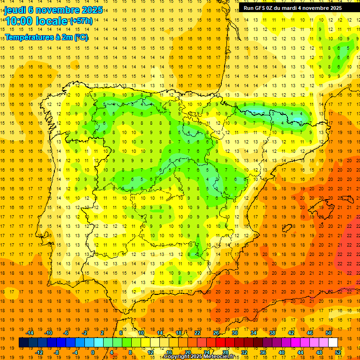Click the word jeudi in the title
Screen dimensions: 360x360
pyautogui.click(x=15, y=10)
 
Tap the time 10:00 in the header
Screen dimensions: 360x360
pyautogui.click(x=20, y=21)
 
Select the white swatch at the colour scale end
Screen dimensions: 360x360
pyautogui.click(x=333, y=343)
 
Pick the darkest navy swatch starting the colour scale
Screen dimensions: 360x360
pyautogui.click(x=24, y=343)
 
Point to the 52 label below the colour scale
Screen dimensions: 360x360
pyautogui.click(x=338, y=352)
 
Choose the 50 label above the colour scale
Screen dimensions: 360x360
pyautogui.click(x=329, y=333)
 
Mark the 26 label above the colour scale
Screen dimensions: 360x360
pyautogui.click(x=216, y=333)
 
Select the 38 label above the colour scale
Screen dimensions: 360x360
pyautogui.click(x=272, y=333)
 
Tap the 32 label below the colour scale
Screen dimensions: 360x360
pyautogui.click(x=244, y=352)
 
